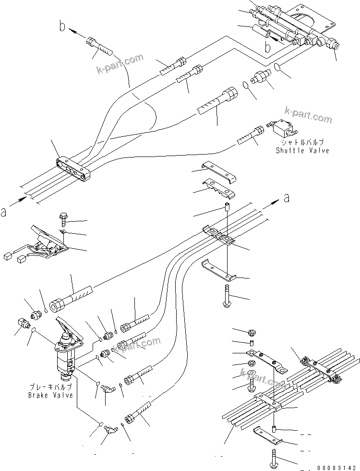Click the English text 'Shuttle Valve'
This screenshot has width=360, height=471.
302,151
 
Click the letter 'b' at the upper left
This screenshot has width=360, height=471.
61,26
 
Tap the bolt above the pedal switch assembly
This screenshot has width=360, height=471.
65,219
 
